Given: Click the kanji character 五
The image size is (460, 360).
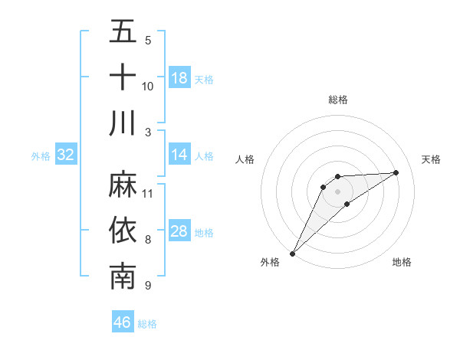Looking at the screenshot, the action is click(123, 32).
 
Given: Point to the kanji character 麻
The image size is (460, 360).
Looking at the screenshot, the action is click(123, 185).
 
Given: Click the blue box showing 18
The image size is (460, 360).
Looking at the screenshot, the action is click(179, 78).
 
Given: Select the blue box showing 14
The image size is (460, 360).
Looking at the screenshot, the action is click(179, 155).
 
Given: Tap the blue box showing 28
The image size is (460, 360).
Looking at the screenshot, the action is click(179, 232).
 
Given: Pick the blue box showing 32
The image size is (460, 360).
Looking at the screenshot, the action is click(66, 155).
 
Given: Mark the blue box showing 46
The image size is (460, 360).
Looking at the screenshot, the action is click(123, 322).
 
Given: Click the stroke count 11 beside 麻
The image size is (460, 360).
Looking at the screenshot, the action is click(148, 192).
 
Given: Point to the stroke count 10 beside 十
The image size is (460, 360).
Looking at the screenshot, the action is click(148, 86).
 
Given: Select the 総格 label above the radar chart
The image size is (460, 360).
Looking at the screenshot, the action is click(337, 100).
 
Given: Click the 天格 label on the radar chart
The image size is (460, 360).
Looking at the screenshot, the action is click(431, 159).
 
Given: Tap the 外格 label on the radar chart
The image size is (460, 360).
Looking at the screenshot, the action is click(270, 262).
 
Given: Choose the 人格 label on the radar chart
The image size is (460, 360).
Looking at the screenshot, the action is click(245, 159).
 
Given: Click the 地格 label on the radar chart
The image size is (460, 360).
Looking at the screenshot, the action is click(402, 262).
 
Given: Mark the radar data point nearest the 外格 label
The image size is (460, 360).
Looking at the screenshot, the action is click(293, 253).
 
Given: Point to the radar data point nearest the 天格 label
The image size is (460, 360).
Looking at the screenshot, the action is click(396, 172).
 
